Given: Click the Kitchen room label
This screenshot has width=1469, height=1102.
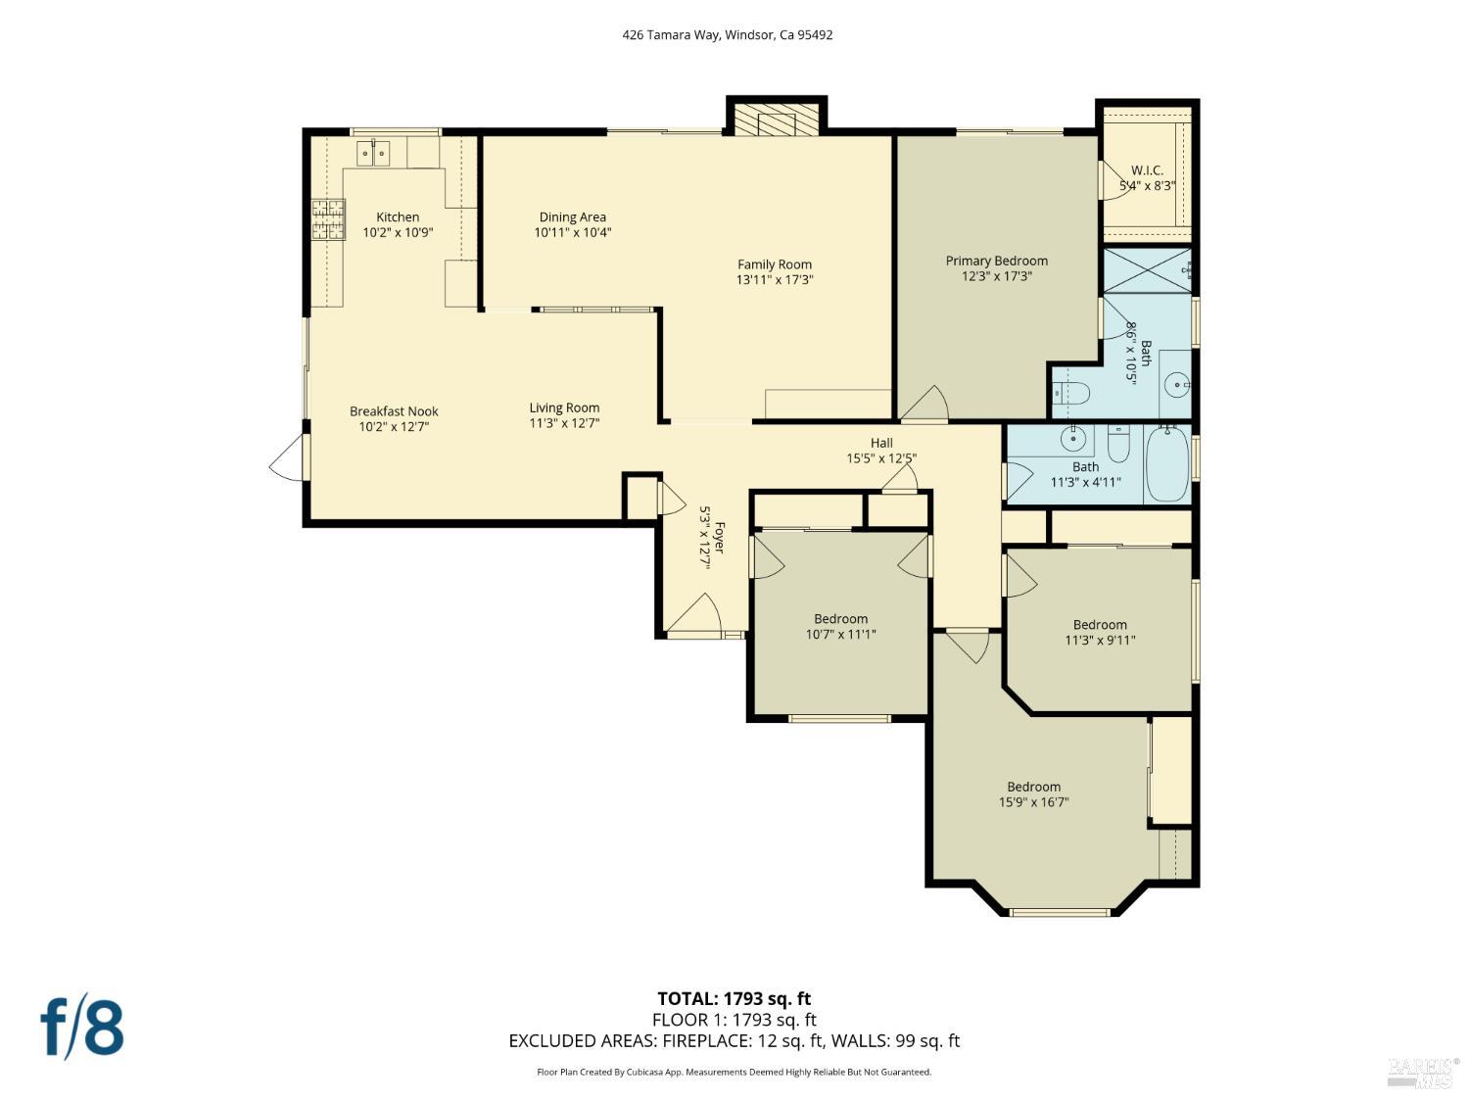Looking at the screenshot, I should pyautogui.click(x=398, y=217).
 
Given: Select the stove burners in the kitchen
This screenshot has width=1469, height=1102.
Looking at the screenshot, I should pyautogui.click(x=328, y=219).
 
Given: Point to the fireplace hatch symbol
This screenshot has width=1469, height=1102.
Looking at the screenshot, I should pyautogui.click(x=777, y=122).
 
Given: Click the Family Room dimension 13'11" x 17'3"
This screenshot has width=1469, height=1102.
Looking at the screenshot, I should pyautogui.click(x=775, y=280).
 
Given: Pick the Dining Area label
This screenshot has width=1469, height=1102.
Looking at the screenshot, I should pyautogui.click(x=572, y=217).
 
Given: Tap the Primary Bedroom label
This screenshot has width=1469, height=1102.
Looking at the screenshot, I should pyautogui.click(x=996, y=261).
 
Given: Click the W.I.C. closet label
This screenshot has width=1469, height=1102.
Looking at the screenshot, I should pyautogui.click(x=1147, y=170).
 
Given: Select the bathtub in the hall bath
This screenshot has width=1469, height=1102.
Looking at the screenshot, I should pyautogui.click(x=1166, y=466).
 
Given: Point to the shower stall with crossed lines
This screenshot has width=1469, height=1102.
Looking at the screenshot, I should pyautogui.click(x=1147, y=270).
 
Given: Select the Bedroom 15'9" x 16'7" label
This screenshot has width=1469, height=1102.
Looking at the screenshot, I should pyautogui.click(x=1033, y=787).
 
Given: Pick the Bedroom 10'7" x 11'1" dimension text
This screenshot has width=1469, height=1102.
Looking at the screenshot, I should pyautogui.click(x=840, y=635).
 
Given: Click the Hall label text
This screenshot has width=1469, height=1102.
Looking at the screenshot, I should pyautogui.click(x=880, y=443).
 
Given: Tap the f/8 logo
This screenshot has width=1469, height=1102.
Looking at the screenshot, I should pyautogui.click(x=82, y=1027).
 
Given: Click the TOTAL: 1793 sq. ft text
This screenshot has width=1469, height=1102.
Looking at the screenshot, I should pyautogui.click(x=734, y=999).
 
